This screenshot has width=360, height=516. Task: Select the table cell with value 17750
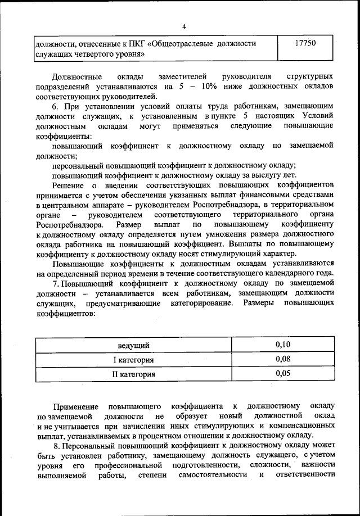click(309, 43)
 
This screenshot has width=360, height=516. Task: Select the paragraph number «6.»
click(56, 106)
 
